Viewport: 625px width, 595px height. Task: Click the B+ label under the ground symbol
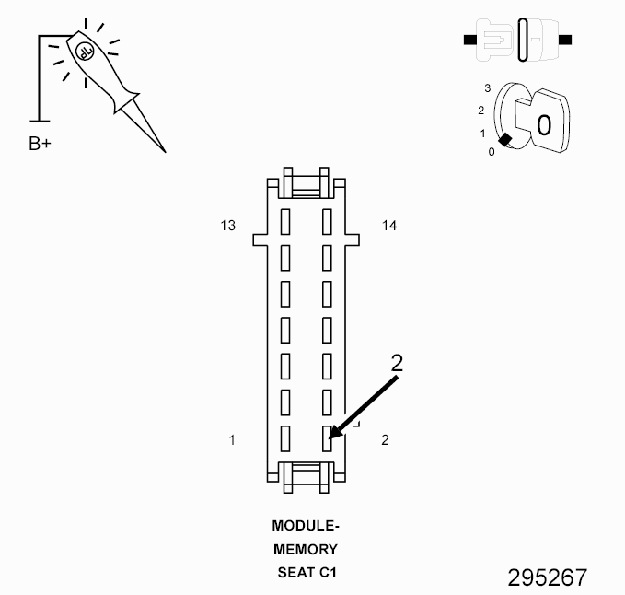(40, 144)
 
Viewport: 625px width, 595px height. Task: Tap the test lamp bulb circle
(84, 52)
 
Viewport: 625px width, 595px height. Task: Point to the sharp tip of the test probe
(165, 150)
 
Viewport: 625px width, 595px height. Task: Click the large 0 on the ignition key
(544, 124)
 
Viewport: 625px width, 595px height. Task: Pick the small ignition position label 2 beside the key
(480, 111)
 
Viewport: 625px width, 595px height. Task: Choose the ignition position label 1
(482, 134)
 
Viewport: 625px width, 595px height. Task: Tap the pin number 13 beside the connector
(228, 225)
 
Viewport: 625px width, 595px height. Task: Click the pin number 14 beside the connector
(389, 225)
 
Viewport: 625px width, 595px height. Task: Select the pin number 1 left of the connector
(232, 440)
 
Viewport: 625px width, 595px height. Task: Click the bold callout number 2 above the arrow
(397, 362)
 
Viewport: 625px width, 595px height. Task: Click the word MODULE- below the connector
(307, 527)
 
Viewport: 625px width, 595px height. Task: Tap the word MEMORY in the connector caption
(307, 550)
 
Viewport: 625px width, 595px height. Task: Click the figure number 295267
(547, 577)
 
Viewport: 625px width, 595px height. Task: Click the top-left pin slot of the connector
(285, 221)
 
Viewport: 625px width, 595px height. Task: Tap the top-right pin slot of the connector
(327, 221)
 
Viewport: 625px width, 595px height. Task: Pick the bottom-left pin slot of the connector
(285, 438)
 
